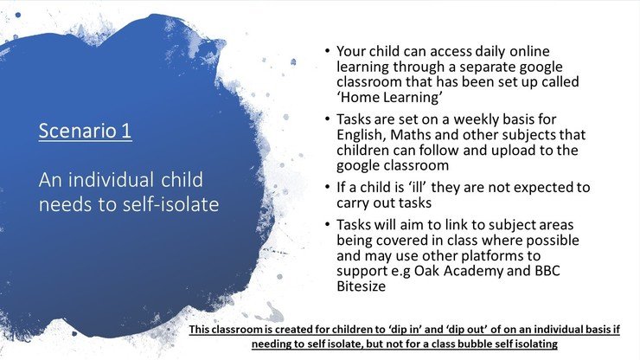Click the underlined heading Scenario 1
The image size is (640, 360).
point(86,131)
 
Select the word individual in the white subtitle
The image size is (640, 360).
point(111,180)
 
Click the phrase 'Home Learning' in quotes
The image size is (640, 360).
point(390,97)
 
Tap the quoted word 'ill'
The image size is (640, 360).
point(417,187)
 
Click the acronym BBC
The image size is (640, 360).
point(547,271)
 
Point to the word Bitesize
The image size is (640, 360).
point(362,286)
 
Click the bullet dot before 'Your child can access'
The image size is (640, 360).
point(327,51)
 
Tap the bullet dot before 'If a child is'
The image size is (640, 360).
point(327,187)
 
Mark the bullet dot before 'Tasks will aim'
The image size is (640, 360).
point(327,224)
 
